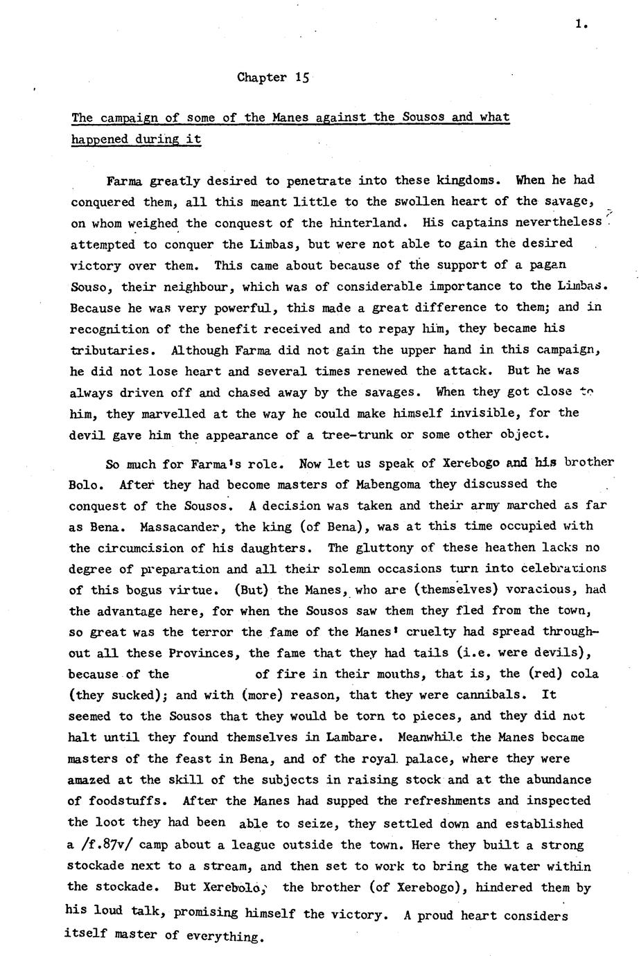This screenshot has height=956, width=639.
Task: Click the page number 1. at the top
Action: [581, 25]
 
